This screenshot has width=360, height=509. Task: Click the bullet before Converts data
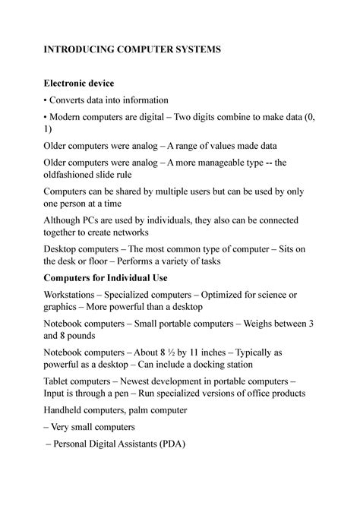click(x=46, y=100)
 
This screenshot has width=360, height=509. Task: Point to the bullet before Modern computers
click(x=46, y=118)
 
